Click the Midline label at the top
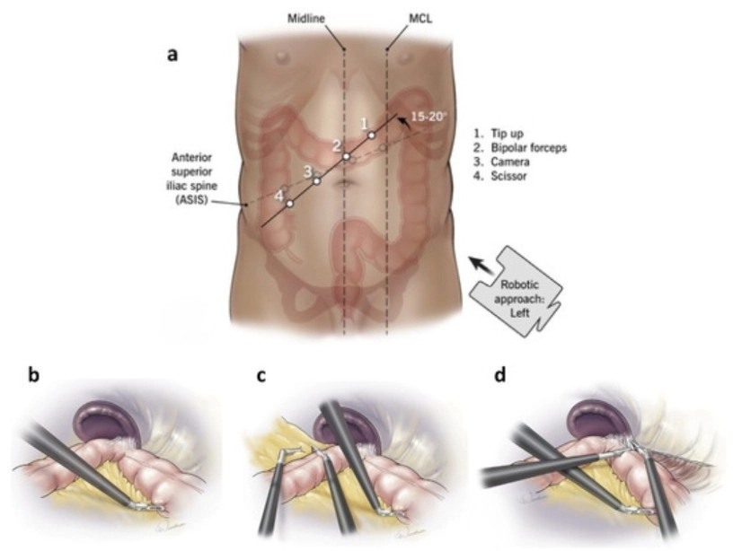pos(306,19)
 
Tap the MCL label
pos(419,19)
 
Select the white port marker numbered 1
pos(371,136)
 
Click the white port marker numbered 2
pos(347,156)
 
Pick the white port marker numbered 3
pos(317,180)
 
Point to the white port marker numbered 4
pos(290,204)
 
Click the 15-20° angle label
pos(427,117)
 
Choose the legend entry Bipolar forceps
pos(520,147)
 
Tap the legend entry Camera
pos(501,162)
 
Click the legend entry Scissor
pos(499,176)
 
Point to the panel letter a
pos(173,56)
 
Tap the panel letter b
pos(33,375)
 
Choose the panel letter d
pos(499,375)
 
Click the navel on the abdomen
pos(345,182)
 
